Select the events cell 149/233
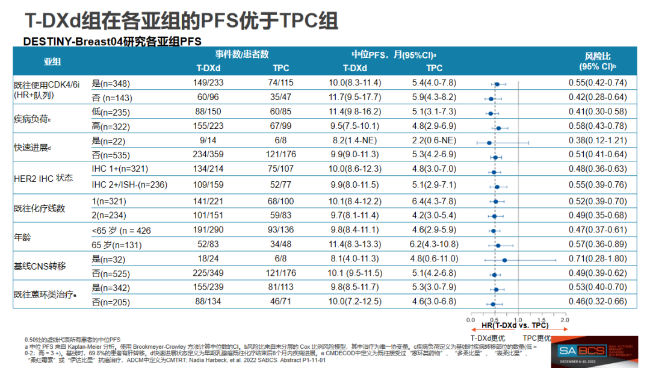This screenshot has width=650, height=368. click(x=208, y=83)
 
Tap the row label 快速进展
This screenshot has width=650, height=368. click(x=32, y=148)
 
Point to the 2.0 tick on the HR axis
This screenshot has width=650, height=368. click(x=564, y=319)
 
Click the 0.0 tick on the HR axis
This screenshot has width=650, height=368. click(x=471, y=319)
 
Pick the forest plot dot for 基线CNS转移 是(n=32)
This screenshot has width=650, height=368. click(x=504, y=260)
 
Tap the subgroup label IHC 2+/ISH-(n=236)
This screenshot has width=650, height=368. click(x=129, y=184)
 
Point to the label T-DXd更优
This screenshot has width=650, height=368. click(x=489, y=338)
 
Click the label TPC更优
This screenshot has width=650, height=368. click(x=537, y=338)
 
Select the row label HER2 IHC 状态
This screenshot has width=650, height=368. click(x=43, y=178)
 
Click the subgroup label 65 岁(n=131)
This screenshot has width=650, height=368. click(x=117, y=245)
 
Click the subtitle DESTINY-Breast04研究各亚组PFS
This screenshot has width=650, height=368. click(x=112, y=42)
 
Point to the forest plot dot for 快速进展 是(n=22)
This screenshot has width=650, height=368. click(x=489, y=142)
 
